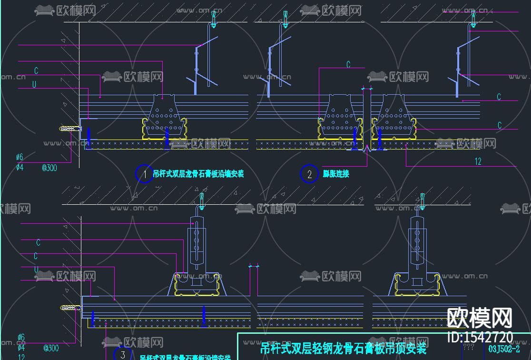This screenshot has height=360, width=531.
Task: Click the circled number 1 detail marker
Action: point(145,174)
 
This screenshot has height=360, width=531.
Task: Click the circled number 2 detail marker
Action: point(309,174)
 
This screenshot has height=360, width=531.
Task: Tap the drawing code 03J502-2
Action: point(507,348)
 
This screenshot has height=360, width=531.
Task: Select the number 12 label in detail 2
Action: point(478,161)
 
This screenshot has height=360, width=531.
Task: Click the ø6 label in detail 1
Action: point(20,157)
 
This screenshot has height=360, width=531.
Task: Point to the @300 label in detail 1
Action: point(49,167)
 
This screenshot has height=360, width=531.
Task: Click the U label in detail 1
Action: point(34,84)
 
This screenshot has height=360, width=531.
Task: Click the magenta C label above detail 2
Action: point(348,65)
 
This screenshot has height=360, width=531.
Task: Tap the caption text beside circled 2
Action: point(336,174)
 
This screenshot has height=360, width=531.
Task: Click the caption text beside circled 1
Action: point(198,174)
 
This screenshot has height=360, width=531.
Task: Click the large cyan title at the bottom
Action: point(344,348)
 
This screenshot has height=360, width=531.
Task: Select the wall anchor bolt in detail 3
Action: point(70,308)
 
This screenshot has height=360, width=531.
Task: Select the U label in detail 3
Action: point(36,270)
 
